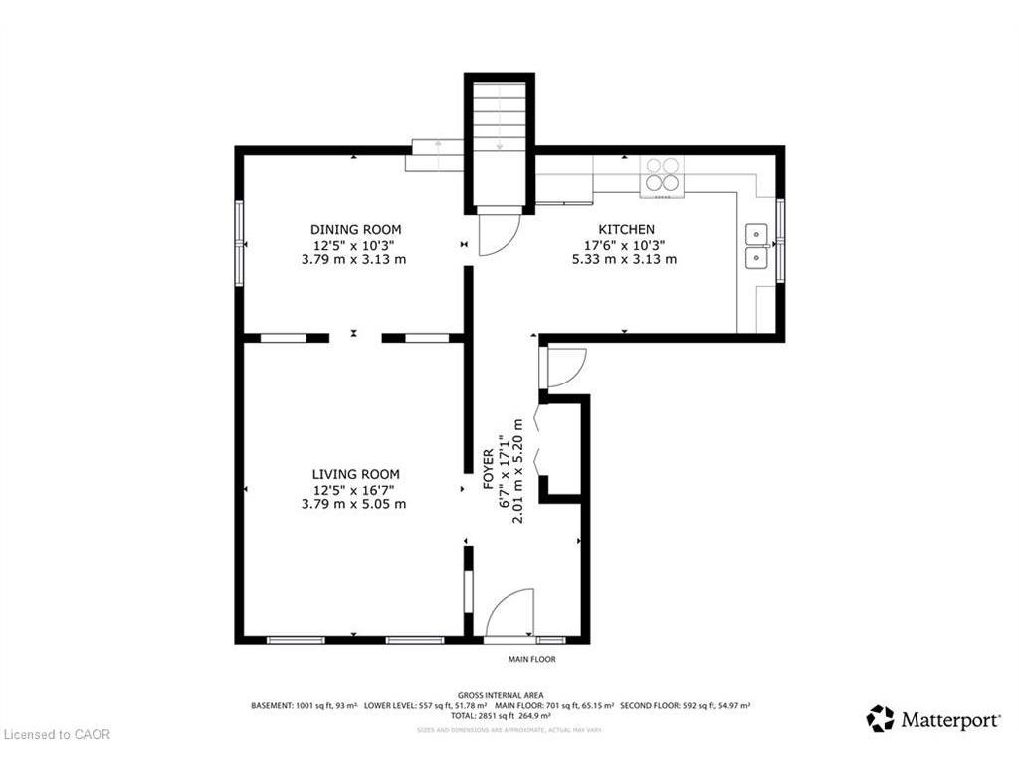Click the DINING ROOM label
pyautogui.click(x=355, y=230)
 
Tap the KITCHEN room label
pyautogui.click(x=626, y=230)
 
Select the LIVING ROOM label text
pyautogui.click(x=355, y=474)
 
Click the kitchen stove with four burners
pyautogui.click(x=663, y=174)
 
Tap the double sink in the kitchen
pyautogui.click(x=759, y=246)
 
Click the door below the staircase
pyautogui.click(x=497, y=233)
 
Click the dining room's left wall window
pyautogui.click(x=239, y=243)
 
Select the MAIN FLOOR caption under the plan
pyautogui.click(x=532, y=659)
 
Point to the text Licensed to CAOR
pyautogui.click(x=58, y=735)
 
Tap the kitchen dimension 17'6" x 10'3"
pyautogui.click(x=625, y=245)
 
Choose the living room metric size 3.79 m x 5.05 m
pyautogui.click(x=354, y=504)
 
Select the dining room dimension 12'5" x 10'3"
pyautogui.click(x=355, y=245)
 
